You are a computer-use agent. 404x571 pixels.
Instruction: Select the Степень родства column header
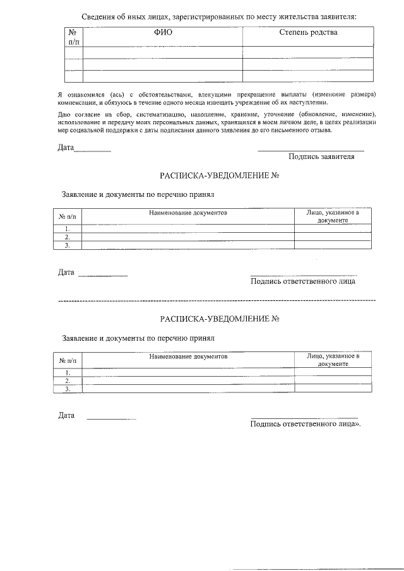[308, 32]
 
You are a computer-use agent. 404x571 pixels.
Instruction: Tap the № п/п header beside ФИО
[74, 37]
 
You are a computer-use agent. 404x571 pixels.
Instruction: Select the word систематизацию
[150, 114]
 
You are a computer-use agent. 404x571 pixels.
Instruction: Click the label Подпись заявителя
[321, 156]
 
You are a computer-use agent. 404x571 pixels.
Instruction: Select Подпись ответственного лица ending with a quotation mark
[306, 424]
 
